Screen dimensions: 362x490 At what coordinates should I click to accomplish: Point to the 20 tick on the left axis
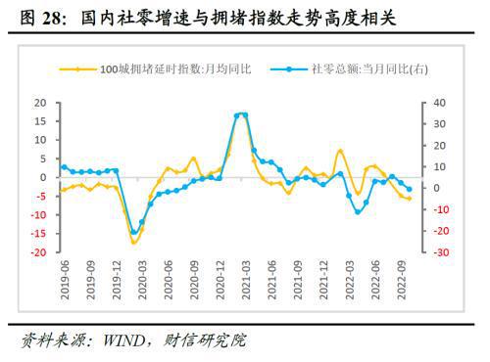pos(41,102)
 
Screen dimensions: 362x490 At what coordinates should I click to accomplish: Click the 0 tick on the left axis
pos(44,177)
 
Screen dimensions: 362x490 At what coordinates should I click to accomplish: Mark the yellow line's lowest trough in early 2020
pos(134,242)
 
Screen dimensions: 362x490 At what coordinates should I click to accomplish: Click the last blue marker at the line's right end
pos(409,189)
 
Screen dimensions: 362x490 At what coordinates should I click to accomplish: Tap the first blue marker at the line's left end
pos(64,166)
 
